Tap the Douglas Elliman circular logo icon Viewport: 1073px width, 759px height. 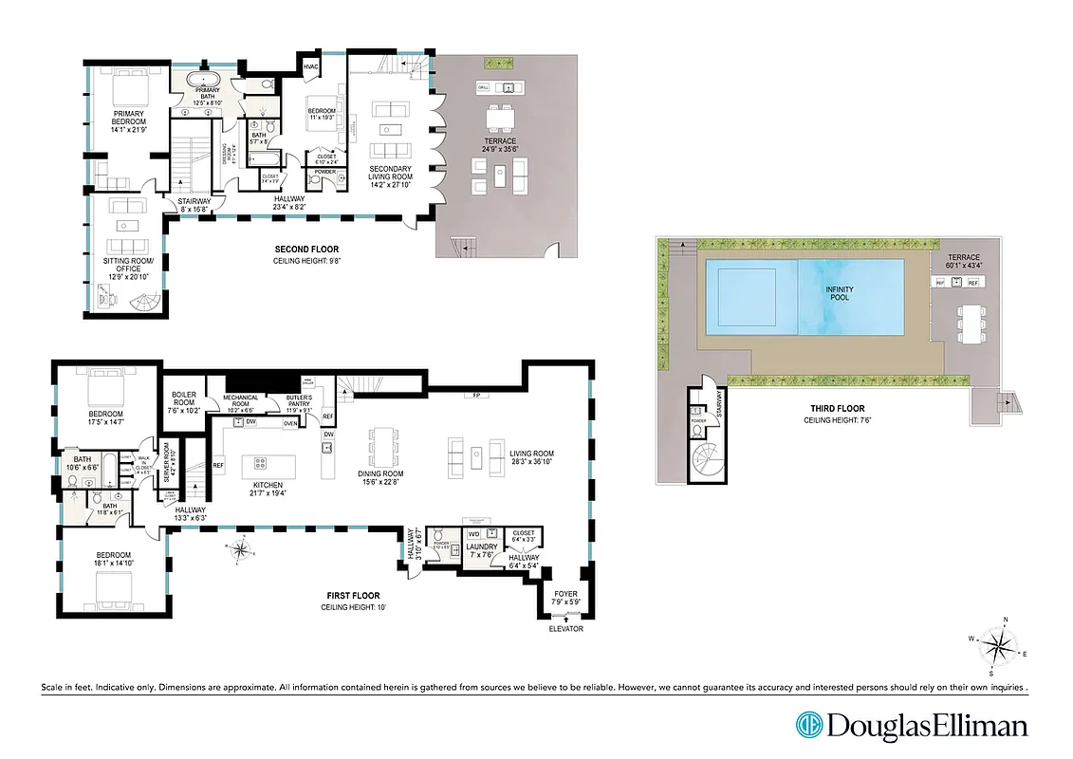[x=809, y=726]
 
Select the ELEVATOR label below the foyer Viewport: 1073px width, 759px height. [x=565, y=629]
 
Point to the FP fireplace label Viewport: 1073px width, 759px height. [x=471, y=395]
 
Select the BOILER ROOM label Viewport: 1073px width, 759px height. [x=184, y=401]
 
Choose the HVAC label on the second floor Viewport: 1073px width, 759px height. [x=311, y=66]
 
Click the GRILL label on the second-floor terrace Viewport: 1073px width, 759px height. [x=484, y=87]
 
